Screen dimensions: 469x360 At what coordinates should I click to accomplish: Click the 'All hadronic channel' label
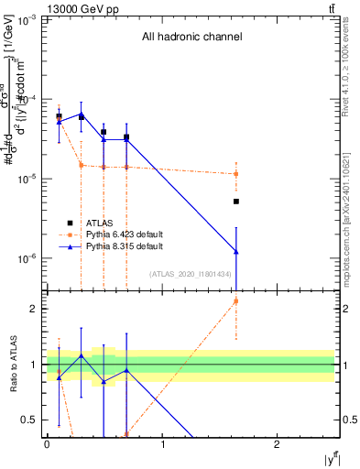(x=191, y=38)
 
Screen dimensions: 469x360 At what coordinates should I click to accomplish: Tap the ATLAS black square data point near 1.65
(x=236, y=202)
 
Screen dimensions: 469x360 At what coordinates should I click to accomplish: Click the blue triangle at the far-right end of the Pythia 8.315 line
(x=236, y=251)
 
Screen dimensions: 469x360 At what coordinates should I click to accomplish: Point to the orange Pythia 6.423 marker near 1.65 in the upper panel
(x=236, y=174)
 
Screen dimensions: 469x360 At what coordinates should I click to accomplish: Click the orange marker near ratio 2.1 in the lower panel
(x=236, y=300)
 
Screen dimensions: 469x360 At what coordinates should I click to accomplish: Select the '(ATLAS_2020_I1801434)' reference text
(x=191, y=273)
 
